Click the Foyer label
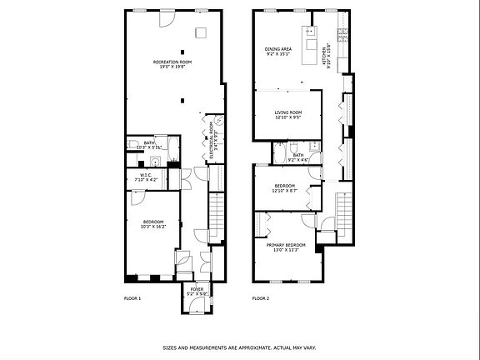(197, 291)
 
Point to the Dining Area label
(278, 52)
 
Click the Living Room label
(288, 115)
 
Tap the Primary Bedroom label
(286, 247)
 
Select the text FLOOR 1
(132, 298)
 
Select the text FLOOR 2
(262, 298)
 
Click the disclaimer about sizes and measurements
(239, 348)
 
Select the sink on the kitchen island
(311, 33)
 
